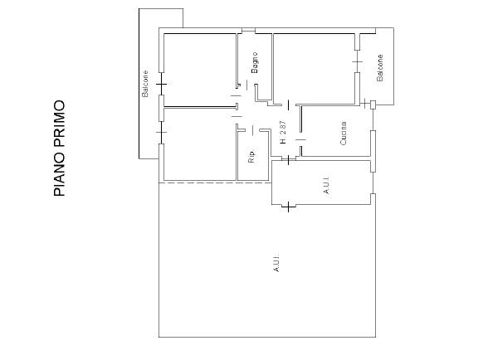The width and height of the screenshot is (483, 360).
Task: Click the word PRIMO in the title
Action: point(59,124)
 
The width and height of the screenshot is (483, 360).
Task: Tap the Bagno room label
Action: point(255,63)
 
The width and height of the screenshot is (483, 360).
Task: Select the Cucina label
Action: point(343,133)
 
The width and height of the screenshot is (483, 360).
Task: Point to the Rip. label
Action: point(251,157)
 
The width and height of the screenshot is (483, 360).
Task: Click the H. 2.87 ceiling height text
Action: point(283,132)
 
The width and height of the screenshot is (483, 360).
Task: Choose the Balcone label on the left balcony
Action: point(144,84)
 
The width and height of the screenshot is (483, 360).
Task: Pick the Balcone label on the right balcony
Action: point(380,68)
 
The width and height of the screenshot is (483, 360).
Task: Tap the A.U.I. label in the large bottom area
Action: point(276,263)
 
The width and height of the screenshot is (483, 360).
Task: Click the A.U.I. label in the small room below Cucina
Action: point(326,185)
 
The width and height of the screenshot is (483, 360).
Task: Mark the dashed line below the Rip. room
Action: point(215,183)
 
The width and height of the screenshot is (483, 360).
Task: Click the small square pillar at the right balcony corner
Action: point(373,105)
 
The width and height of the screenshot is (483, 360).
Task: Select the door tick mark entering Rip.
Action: point(252,130)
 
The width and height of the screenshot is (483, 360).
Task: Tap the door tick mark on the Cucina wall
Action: point(300,139)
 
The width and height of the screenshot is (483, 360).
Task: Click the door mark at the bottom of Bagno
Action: point(246,85)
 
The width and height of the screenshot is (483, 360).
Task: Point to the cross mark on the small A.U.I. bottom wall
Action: point(288,207)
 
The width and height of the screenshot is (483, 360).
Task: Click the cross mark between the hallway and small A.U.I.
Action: point(288,160)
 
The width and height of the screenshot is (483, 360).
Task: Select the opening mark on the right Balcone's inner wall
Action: point(358,61)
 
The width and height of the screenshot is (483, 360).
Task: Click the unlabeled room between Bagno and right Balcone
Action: point(315,68)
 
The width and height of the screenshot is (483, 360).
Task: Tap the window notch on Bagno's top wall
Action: point(248,31)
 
